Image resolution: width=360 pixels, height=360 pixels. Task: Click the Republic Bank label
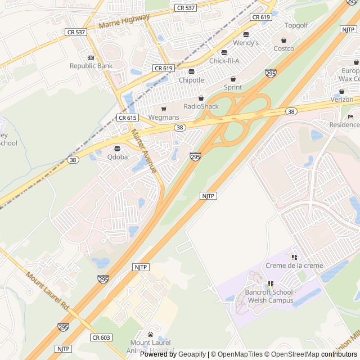[91, 66]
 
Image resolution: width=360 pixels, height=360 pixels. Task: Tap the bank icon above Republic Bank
[91, 57]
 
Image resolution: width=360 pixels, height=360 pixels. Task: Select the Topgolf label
[296, 26]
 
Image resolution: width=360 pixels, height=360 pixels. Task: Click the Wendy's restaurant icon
[246, 34]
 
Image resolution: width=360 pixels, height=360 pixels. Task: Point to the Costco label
[283, 48]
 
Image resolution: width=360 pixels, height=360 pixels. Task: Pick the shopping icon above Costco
[283, 40]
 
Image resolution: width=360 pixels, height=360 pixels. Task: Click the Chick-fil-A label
[224, 61]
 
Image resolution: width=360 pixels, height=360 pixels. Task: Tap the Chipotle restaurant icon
[191, 71]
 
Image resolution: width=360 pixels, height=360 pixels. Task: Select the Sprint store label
[233, 87]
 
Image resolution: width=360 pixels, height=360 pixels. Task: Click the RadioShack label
[201, 106]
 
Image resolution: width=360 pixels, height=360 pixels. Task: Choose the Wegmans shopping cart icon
[164, 109]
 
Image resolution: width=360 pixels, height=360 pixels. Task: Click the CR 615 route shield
[128, 118]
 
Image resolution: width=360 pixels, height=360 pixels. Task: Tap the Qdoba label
[118, 157]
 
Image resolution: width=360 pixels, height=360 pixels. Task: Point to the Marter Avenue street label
[144, 151]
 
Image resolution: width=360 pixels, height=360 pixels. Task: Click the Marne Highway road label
[124, 22]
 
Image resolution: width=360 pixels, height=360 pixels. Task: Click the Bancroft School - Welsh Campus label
[269, 296]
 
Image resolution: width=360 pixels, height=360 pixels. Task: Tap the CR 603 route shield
[101, 337]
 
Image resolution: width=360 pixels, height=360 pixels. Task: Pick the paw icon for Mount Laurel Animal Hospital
[150, 334]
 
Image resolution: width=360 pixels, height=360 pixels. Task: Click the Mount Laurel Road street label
[47, 290]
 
